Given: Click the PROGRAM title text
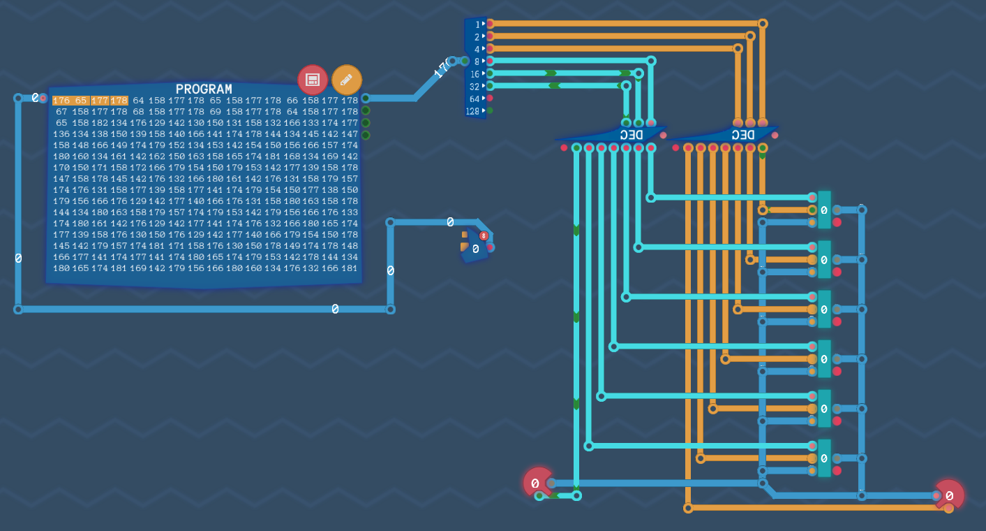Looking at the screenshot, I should [204, 89].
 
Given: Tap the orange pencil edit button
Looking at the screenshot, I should [347, 80].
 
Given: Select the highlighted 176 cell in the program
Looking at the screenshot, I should [61, 101].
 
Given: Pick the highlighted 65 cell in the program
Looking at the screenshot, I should [80, 101].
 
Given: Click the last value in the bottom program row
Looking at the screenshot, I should [349, 268].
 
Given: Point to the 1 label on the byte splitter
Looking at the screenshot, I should [477, 24].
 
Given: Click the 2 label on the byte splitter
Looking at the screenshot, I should [477, 37].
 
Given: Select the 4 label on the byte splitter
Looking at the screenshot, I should [477, 50].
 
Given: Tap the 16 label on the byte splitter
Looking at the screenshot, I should [475, 74].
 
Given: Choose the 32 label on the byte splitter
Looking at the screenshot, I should [475, 87].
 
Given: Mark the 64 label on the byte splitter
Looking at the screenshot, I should [475, 99].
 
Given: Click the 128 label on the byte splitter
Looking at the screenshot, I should [473, 111].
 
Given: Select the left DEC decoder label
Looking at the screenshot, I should [631, 134].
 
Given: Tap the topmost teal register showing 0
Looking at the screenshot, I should [824, 210].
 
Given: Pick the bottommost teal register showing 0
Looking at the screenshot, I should [824, 458].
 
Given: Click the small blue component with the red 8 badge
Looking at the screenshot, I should [475, 246].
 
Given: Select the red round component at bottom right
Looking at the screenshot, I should [950, 495].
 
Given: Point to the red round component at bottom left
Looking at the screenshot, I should [537, 483].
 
